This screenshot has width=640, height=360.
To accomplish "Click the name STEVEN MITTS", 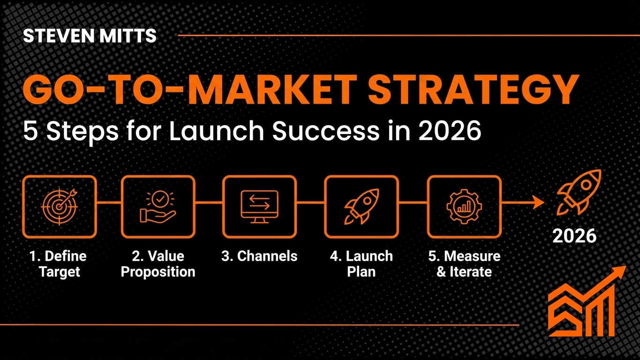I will (x=90, y=36).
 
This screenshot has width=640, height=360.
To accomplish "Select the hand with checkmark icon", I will (x=158, y=206).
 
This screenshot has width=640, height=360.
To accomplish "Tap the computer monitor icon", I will (x=259, y=206).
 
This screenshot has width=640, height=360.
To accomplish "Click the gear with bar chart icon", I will (x=464, y=206).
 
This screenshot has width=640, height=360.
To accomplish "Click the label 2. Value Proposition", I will (x=158, y=264).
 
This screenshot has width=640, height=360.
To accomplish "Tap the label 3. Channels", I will (x=259, y=256).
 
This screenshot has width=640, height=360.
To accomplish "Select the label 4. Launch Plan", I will (x=361, y=264).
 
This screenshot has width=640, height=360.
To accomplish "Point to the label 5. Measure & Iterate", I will (x=464, y=264).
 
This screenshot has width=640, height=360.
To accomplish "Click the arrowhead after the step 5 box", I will (x=539, y=202).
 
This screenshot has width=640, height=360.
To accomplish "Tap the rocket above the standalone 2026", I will (x=578, y=192).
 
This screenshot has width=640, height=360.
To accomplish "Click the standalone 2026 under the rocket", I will (x=574, y=236).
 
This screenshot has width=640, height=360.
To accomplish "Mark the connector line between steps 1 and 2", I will (x=109, y=203).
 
